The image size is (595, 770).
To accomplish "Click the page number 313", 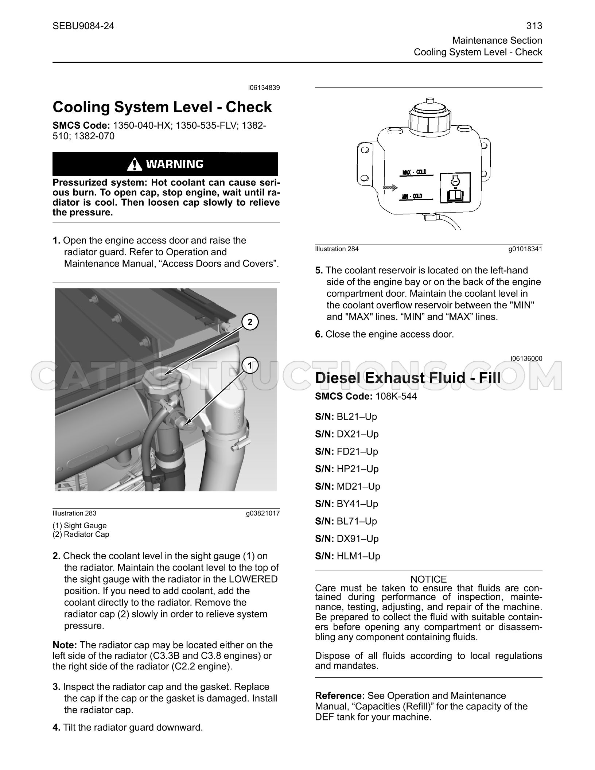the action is pos(534,26).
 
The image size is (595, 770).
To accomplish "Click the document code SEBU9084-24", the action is pos(83,26).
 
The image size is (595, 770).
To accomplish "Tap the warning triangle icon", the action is pos(135,164).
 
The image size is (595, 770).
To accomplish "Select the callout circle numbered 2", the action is pos(250,322).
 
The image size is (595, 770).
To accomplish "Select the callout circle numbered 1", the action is pos(250,365).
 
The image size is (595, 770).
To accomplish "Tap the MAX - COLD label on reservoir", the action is pos(414,172).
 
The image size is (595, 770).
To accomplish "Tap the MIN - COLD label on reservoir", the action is pos(412,197).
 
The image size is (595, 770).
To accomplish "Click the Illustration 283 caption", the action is pos(75,513).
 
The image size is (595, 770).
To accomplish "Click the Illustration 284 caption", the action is pos(337,249).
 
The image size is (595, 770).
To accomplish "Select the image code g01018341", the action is pos(525,249).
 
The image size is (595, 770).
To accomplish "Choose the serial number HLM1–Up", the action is pos(347,556).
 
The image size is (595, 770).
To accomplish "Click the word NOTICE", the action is pos(429,579).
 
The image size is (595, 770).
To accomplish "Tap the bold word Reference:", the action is pos(340,696).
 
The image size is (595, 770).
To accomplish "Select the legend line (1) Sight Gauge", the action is pos(80,526).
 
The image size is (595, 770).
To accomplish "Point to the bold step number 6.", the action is pos(319,334).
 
